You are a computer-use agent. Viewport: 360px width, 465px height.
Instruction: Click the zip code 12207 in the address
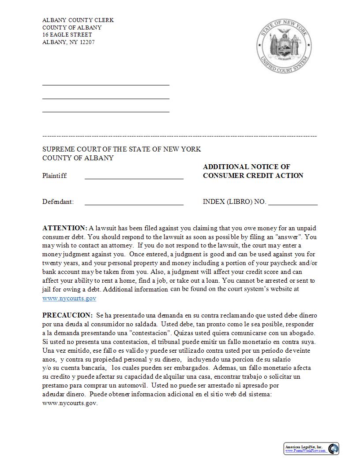coord(87,42)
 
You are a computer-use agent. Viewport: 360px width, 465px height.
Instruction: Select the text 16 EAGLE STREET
coord(67,35)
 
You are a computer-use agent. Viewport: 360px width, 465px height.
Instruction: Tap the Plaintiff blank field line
coord(134,178)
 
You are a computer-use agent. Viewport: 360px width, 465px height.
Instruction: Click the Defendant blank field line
coord(134,204)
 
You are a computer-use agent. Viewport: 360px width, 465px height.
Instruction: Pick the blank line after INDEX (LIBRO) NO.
coord(292,204)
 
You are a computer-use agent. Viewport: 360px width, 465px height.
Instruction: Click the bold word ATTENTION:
coord(65,228)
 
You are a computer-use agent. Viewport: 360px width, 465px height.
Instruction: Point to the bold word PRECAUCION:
coord(67,315)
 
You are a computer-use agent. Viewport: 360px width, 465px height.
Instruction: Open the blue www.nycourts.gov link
coord(69,298)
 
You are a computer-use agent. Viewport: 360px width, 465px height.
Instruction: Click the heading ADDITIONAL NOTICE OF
coord(246,167)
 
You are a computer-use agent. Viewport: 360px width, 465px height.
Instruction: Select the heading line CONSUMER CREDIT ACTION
coord(253,176)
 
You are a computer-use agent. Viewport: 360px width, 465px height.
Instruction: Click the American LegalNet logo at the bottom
coord(311,449)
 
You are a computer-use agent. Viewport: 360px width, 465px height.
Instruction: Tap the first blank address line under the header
coord(106,85)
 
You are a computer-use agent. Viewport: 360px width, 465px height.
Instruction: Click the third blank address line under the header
coord(106,111)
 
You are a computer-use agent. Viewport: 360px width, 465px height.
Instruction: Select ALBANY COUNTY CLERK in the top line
coord(78,20)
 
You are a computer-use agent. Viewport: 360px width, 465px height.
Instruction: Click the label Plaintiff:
coord(55,176)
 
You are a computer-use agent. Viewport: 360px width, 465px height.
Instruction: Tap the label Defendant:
coord(58,202)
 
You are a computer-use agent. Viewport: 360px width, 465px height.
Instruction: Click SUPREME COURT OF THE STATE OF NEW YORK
coord(121,149)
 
